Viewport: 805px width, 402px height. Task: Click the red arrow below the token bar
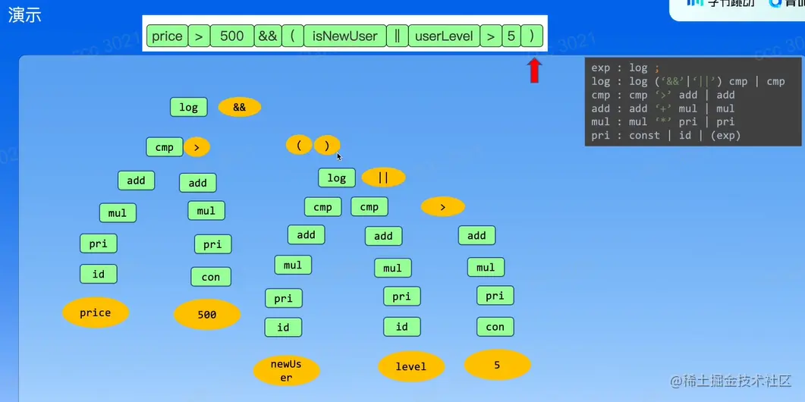[x=534, y=70]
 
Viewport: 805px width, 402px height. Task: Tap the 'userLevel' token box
[x=444, y=36]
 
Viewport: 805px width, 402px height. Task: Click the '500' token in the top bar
[x=232, y=36]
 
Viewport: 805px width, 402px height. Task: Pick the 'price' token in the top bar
[x=167, y=36]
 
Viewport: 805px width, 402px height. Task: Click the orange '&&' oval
[x=240, y=108]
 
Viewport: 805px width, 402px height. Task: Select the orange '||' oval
[x=383, y=177]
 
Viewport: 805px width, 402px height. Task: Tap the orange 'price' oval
[x=96, y=312]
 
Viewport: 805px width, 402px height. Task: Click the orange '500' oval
[x=207, y=315]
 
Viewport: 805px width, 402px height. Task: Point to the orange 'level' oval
[x=410, y=366]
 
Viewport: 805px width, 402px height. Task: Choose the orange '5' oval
[x=497, y=365]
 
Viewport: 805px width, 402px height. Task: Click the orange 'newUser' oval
[x=286, y=370]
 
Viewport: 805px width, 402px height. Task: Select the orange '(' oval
[x=299, y=145]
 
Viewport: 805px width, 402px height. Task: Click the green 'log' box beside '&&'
[x=189, y=107]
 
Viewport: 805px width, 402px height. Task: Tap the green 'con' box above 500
[x=211, y=277]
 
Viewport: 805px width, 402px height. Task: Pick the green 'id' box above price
[x=99, y=274]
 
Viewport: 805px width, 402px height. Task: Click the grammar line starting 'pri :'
[x=665, y=136]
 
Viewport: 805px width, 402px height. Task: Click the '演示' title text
[x=24, y=15]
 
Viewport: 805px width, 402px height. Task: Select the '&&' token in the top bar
[x=267, y=36]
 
